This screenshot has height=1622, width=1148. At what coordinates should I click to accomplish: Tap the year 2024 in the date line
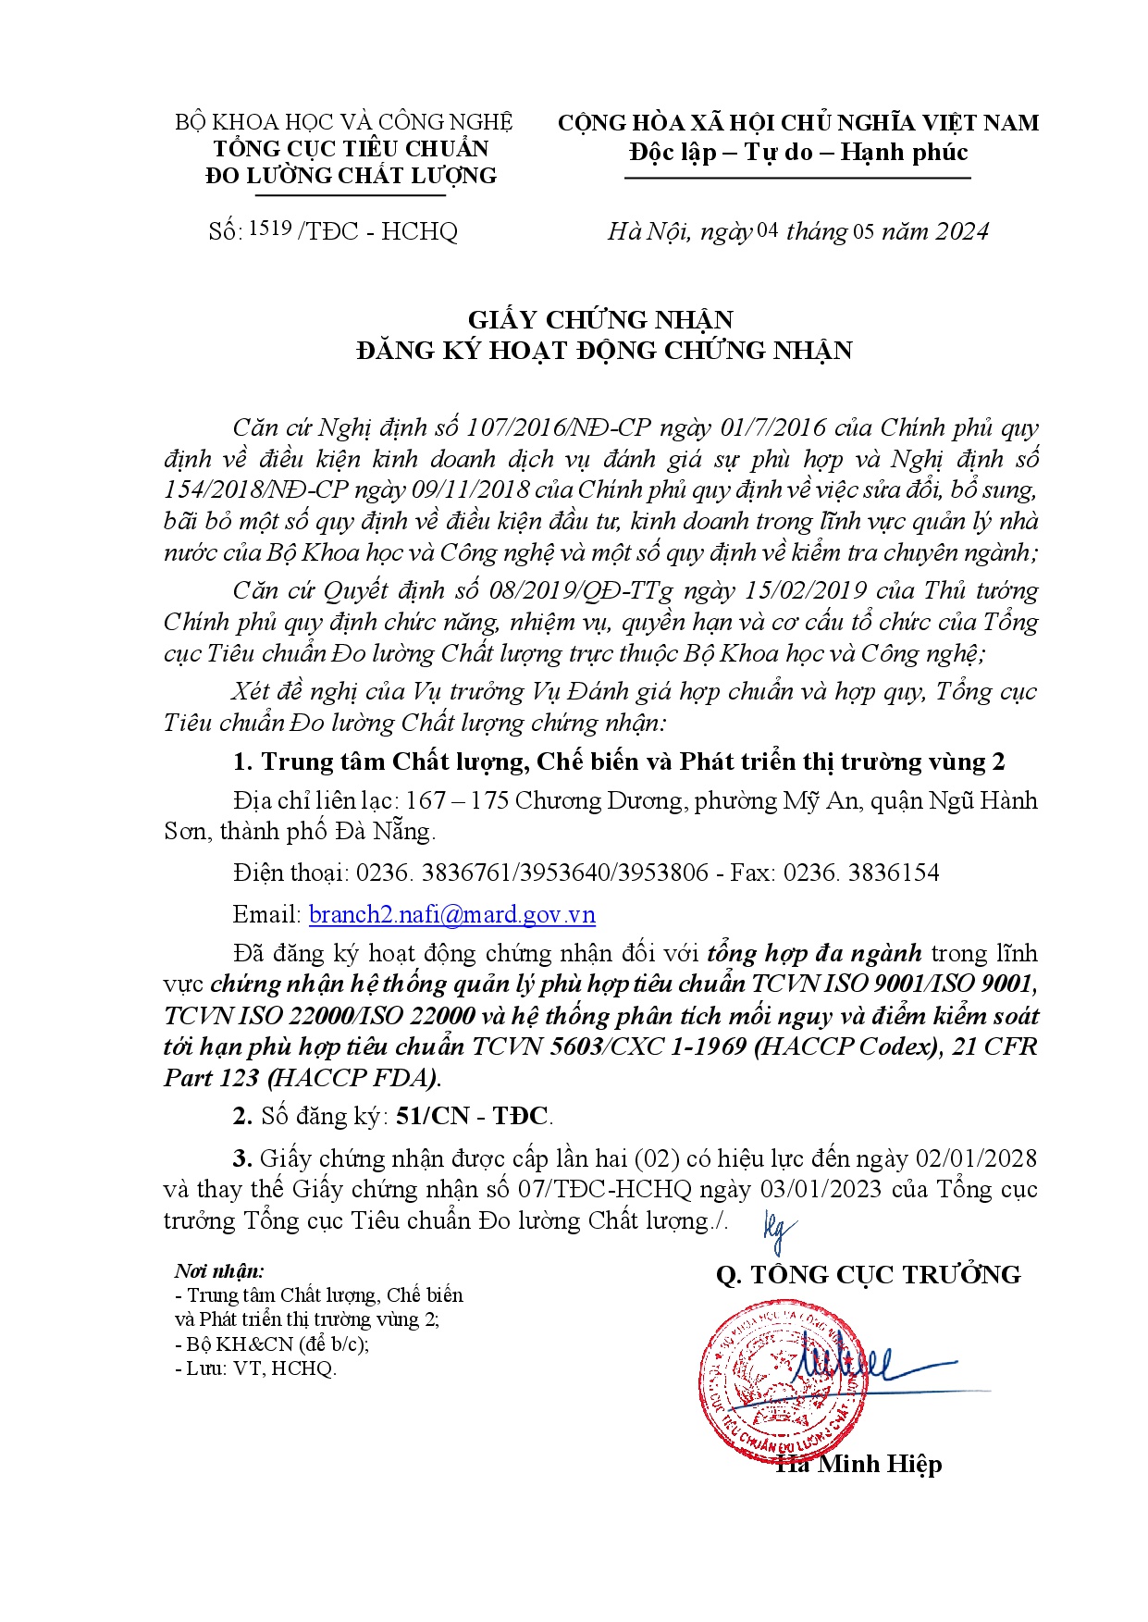[961, 230]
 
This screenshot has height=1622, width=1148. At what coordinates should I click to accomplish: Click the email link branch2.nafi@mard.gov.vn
[451, 914]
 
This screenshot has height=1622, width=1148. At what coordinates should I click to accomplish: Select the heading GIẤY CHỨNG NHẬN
[600, 319]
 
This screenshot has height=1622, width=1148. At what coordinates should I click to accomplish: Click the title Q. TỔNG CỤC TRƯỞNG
[868, 1275]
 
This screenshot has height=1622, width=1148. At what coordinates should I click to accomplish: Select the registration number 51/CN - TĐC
[472, 1116]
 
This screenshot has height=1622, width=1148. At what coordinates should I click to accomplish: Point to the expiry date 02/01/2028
[975, 1158]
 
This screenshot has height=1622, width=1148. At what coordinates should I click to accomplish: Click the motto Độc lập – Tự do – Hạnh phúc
[798, 152]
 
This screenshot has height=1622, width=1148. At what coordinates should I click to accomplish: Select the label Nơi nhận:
[219, 1271]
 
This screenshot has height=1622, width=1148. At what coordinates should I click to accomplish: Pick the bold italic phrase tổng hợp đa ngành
[814, 953]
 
